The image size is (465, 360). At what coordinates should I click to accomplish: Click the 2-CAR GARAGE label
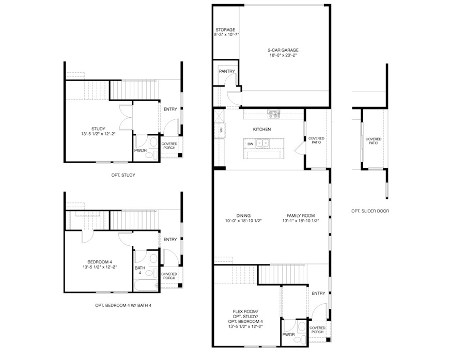(x=283, y=50)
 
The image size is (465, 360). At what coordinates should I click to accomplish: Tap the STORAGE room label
(x=225, y=29)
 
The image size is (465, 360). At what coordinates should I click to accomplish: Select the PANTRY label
(x=227, y=71)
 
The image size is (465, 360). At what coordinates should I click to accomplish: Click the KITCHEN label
(x=262, y=129)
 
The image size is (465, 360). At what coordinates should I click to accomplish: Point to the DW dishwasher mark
(x=250, y=144)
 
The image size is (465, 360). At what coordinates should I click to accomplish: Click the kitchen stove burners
(x=274, y=114)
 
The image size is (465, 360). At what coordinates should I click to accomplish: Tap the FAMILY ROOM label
(x=301, y=215)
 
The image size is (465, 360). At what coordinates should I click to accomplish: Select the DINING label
(x=243, y=215)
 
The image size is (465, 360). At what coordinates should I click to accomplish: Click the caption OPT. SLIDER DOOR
(x=370, y=211)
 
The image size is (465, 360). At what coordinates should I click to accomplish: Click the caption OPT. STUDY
(x=123, y=175)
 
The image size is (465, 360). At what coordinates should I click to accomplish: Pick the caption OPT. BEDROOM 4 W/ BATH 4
(x=123, y=305)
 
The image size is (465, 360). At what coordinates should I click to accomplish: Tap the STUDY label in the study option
(x=98, y=129)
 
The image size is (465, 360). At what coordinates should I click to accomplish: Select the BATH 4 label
(x=140, y=270)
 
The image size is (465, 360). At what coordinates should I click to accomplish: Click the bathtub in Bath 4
(x=146, y=285)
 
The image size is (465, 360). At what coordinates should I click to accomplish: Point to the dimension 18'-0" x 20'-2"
(x=283, y=55)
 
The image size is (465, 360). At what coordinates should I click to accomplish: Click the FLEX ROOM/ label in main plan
(x=245, y=311)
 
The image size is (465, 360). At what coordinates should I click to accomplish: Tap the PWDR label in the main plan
(x=288, y=335)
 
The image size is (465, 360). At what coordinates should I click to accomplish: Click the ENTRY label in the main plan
(x=318, y=293)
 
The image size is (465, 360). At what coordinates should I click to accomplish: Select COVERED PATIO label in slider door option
(x=374, y=141)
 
